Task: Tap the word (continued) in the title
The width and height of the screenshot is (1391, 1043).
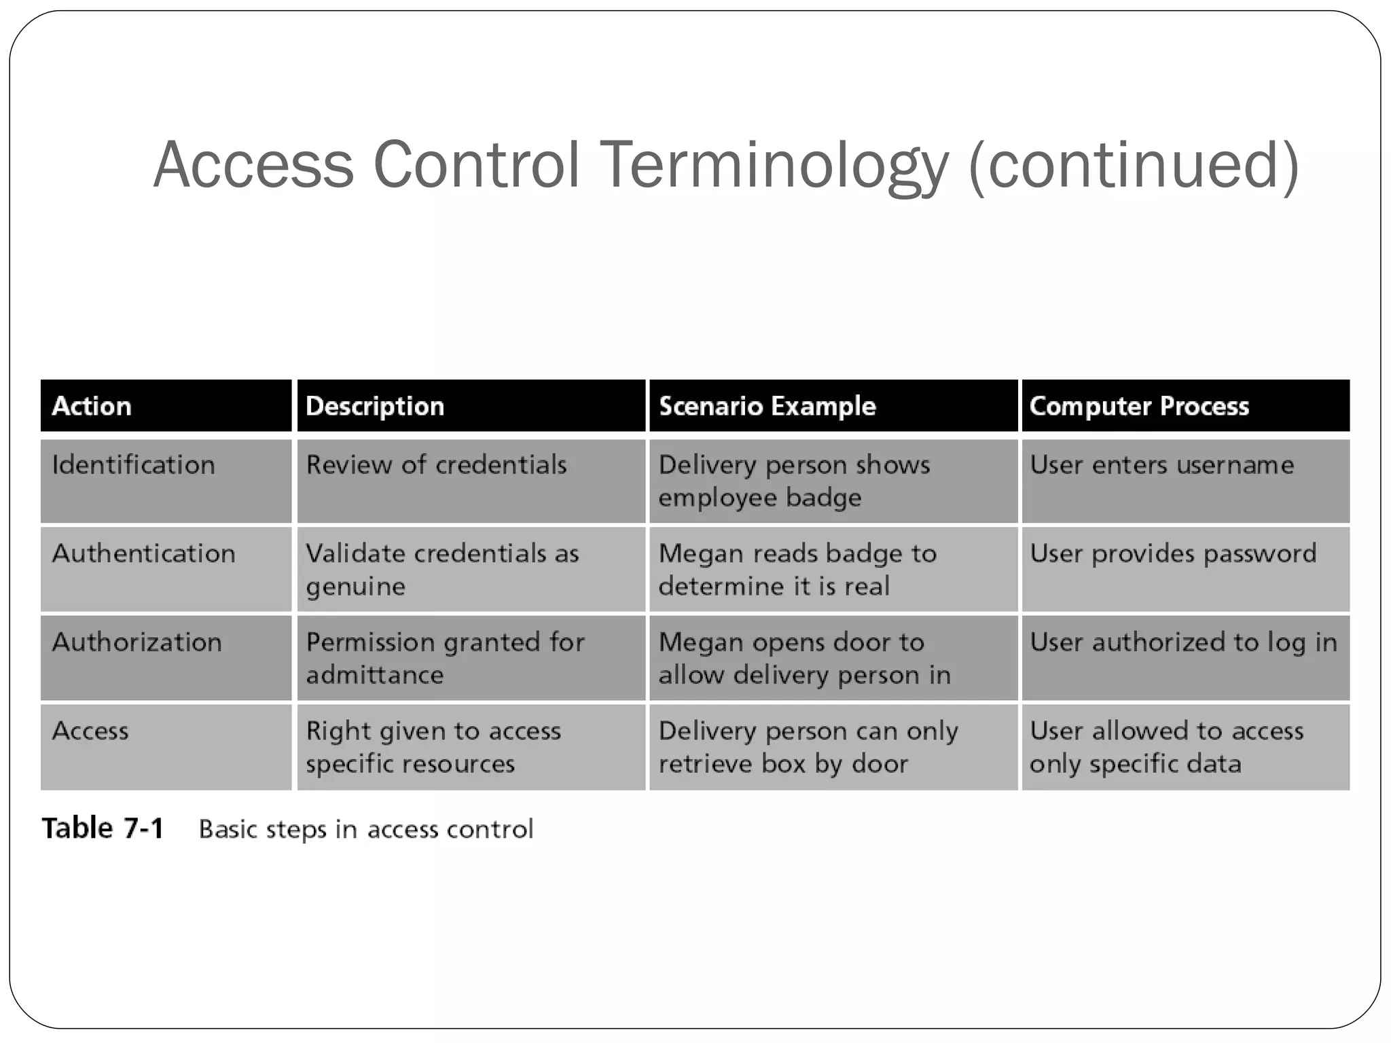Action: [x=1134, y=165]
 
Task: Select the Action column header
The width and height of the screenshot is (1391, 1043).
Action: [x=92, y=406]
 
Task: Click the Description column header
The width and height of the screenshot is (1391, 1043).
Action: [x=375, y=406]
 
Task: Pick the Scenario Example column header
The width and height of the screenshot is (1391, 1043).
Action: [x=767, y=406]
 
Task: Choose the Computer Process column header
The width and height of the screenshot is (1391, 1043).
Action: [x=1139, y=406]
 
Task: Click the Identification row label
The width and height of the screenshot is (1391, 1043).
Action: [x=133, y=465]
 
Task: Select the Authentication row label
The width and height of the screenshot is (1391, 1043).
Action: [x=143, y=553]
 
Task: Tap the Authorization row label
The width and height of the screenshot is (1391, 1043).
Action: [x=137, y=642]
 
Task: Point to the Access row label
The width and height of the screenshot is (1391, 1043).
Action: [x=90, y=731]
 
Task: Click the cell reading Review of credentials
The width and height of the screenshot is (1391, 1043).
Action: [x=436, y=465]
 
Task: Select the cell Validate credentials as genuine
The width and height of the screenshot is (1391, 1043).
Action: [x=442, y=570]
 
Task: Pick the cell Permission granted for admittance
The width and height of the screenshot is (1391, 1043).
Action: [x=445, y=658]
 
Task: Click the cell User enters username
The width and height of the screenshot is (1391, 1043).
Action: [x=1161, y=465]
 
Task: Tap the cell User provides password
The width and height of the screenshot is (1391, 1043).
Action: [x=1173, y=553]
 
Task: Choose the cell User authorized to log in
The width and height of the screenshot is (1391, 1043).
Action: [x=1183, y=642]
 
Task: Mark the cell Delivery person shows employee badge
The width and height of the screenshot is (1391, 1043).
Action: [x=794, y=481]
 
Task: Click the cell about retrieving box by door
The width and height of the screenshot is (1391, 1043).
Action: [x=808, y=747]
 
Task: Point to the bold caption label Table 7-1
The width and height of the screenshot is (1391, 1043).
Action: [x=103, y=828]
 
